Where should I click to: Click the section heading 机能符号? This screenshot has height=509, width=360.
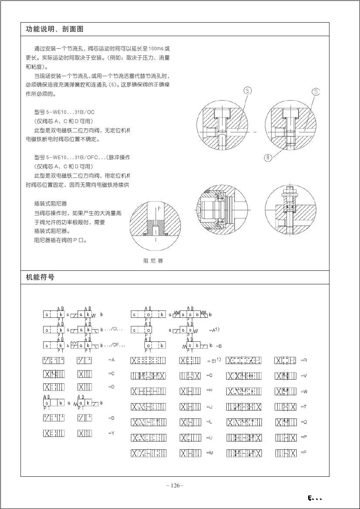click(40, 277)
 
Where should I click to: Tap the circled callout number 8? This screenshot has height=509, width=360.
click(268, 158)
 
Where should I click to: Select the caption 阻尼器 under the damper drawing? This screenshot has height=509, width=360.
click(153, 261)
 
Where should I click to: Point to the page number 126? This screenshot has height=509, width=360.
click(175, 485)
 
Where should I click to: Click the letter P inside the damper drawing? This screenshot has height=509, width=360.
click(159, 209)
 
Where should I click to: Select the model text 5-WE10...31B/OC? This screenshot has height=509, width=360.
click(64, 112)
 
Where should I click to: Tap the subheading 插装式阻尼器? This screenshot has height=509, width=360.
click(50, 204)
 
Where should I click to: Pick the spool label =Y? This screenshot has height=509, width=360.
click(111, 433)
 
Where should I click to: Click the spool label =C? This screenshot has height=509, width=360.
click(111, 374)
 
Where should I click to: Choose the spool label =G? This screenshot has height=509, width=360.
click(209, 375)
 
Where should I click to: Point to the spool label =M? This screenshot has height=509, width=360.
click(209, 453)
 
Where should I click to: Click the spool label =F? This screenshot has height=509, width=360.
click(304, 452)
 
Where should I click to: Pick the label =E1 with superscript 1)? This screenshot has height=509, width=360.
click(214, 361)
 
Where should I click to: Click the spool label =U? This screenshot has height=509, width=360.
click(209, 438)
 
